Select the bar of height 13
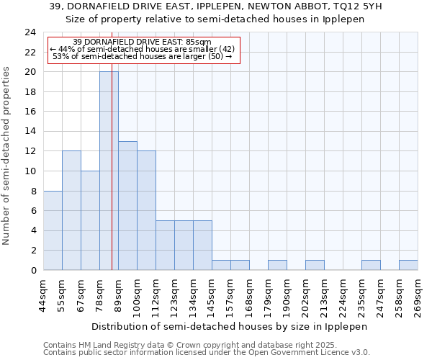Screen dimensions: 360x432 (127, 205)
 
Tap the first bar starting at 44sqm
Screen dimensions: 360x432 (53, 230)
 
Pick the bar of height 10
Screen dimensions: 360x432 (90, 220)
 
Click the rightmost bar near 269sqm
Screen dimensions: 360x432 (408, 265)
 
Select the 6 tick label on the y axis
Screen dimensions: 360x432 (33, 211)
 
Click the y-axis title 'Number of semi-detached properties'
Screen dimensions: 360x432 (7, 156)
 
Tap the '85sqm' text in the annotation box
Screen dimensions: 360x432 (198, 42)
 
